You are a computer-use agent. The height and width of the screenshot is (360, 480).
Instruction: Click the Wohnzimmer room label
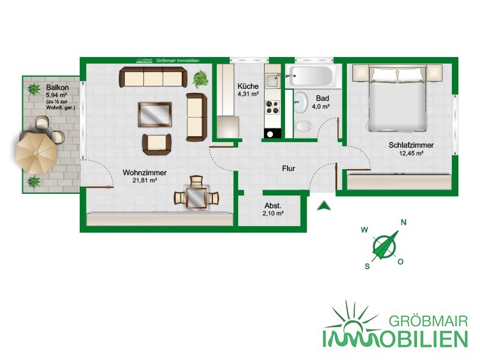[x=145, y=173]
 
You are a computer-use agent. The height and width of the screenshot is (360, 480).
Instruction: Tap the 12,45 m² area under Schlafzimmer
[x=411, y=153]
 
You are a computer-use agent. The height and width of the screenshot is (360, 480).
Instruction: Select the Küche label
[x=248, y=86]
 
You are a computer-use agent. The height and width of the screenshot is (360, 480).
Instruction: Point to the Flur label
[x=289, y=169]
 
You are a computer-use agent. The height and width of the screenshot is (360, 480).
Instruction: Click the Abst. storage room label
[x=273, y=206]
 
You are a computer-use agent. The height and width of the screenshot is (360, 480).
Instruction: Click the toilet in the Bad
[x=304, y=125]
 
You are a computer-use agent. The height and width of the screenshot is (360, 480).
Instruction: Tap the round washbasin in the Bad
[x=301, y=101]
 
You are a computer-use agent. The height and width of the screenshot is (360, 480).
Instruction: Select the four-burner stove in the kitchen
[x=272, y=107]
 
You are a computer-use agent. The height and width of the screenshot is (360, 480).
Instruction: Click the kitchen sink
[x=272, y=80]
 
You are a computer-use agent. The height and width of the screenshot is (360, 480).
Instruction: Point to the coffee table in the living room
[x=155, y=115]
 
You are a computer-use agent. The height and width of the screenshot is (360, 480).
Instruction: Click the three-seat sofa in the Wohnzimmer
[x=153, y=77]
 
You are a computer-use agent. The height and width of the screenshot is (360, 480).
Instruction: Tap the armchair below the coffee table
[x=157, y=144]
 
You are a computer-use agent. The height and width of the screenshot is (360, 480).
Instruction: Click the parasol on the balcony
[x=37, y=154]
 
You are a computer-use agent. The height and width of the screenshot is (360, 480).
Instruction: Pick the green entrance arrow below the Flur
[x=323, y=206]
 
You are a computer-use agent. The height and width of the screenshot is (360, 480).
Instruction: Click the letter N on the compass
[x=403, y=223]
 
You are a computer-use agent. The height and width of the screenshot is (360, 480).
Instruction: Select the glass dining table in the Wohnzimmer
[x=196, y=198]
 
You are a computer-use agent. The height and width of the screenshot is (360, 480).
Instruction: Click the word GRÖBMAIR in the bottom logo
[x=428, y=322]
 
